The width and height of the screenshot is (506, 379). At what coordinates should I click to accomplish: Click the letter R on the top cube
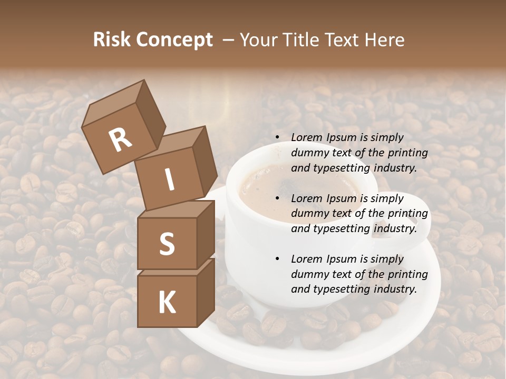[x=121, y=141]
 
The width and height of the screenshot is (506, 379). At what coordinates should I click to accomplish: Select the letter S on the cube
[x=167, y=244]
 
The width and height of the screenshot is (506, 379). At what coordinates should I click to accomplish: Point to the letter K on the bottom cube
[x=167, y=303]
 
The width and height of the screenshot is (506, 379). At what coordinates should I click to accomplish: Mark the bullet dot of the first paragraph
[x=277, y=138]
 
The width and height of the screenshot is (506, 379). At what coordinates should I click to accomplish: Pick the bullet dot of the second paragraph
[x=277, y=198]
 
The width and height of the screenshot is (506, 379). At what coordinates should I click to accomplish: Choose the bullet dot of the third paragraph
[x=277, y=259]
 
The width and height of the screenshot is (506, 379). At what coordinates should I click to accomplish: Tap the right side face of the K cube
[x=206, y=292]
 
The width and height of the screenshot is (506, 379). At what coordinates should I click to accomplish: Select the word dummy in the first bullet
[x=309, y=153]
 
